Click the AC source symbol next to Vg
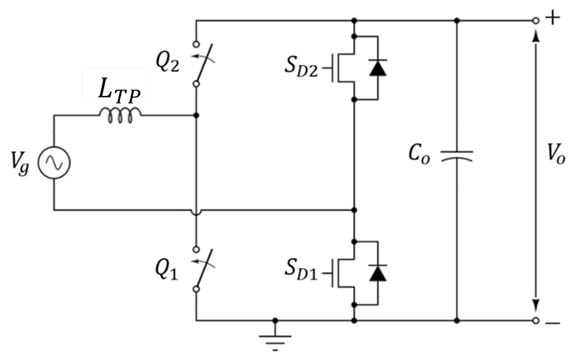tap(54, 163)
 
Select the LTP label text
tap(119, 90)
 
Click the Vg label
tap(20, 164)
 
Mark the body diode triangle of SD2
tap(378, 68)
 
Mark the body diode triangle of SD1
tap(378, 273)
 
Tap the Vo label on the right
tap(555, 154)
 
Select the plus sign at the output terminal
tap(553, 18)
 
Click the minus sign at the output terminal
tap(553, 323)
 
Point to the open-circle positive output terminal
tap(536, 21)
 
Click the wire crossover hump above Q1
tap(196, 211)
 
